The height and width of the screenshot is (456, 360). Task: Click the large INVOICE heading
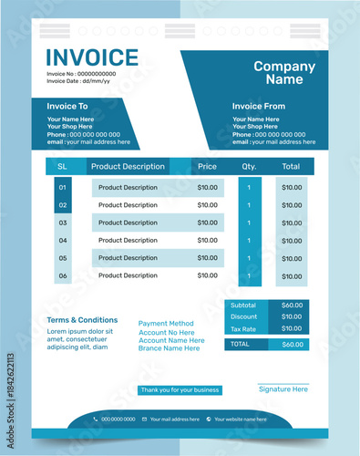pos(92,57)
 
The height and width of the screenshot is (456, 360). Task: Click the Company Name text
pos(284,73)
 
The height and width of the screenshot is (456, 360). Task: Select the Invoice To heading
pos(67,106)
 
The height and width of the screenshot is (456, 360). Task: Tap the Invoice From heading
pos(259,106)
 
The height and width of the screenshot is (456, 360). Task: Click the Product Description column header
pos(128,167)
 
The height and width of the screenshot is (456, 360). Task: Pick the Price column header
pos(208,167)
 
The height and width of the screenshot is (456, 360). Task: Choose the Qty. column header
pos(249,167)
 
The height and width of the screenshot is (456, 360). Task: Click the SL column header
pos(63,167)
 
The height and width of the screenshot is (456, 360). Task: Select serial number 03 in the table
pos(63,223)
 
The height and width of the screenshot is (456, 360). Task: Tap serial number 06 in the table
pos(63,275)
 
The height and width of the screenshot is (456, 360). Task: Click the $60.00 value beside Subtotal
pos(292,306)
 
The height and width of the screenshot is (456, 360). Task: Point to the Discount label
pos(243,317)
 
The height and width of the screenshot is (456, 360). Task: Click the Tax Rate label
pos(243,329)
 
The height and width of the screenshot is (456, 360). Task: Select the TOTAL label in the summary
pos(240,345)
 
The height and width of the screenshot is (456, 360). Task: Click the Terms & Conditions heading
pos(82,320)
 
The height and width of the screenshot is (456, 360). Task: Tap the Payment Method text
pos(166,324)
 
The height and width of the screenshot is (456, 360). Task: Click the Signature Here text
pos(283,389)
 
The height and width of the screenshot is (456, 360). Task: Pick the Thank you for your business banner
pos(180,390)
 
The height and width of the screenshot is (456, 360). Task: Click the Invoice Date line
pos(78,81)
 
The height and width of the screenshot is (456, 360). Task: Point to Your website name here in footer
pos(240,420)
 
